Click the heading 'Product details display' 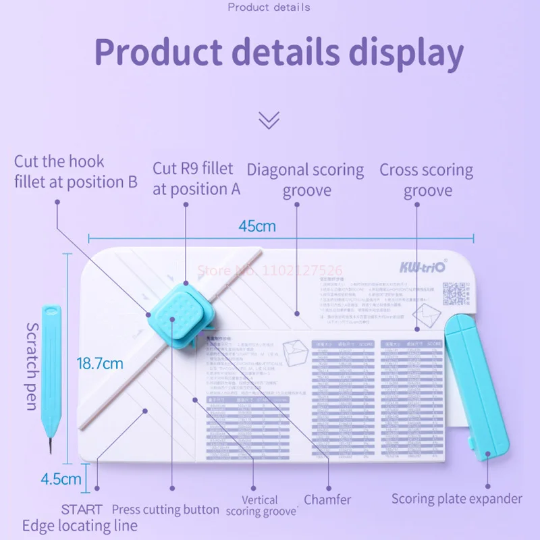coord(278,53)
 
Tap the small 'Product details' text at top coord(269,7)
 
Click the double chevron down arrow coord(269,120)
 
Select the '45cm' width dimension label coord(257,226)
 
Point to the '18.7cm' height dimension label coord(100,363)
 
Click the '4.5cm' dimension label coord(61,480)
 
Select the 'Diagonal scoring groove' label coord(304,180)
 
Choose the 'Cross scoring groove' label coord(427,180)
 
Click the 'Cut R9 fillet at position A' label coord(196,178)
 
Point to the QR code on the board coord(455,294)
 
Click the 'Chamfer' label coord(327,500)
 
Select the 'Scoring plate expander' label coord(457,499)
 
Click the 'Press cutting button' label coord(165,510)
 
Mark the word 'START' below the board coord(82,510)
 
